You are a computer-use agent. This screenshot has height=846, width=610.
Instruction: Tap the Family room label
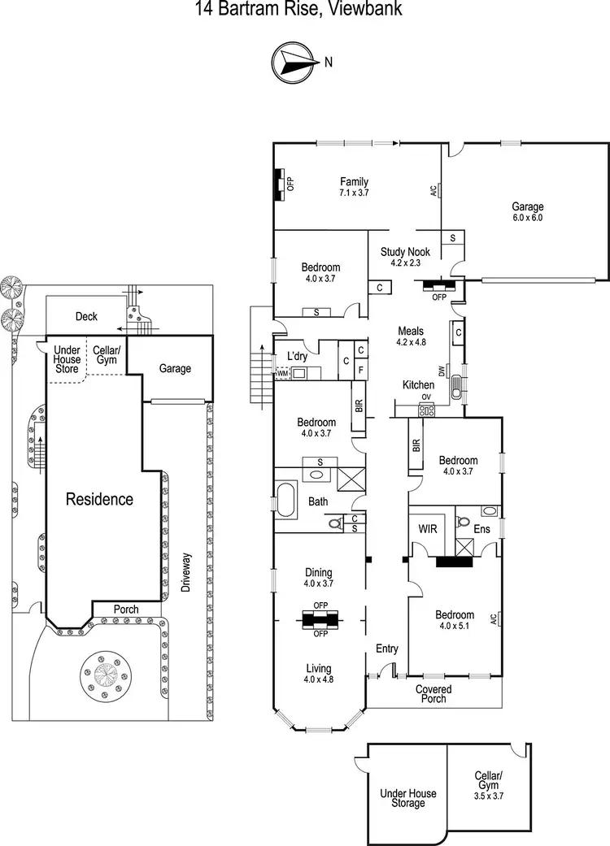354,187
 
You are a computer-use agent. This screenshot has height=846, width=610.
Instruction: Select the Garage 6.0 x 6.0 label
527,212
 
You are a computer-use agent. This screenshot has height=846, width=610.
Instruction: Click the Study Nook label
403,257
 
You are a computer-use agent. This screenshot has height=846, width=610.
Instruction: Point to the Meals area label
411,336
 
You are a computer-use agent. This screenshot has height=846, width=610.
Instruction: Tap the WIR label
428,528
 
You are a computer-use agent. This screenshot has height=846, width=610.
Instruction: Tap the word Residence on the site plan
99,499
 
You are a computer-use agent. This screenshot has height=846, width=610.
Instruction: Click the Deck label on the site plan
86,316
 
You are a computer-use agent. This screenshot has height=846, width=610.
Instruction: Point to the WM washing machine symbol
282,374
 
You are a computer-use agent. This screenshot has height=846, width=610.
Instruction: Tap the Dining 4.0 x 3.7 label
319,578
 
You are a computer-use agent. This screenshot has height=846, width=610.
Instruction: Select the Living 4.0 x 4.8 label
319,673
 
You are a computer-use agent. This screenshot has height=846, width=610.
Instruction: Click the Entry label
386,649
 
